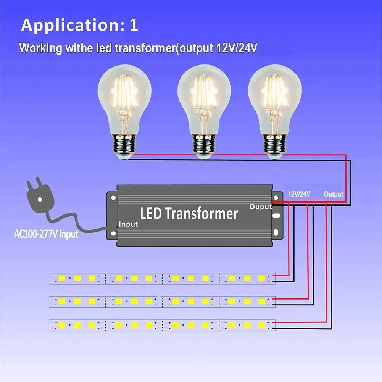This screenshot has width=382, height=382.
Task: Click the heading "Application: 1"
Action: (79, 25)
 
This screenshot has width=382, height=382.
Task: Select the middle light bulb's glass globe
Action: (204, 95)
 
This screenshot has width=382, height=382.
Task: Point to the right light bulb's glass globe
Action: (275, 95)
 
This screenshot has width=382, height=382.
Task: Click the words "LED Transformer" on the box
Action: (189, 213)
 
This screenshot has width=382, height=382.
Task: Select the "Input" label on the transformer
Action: (128, 224)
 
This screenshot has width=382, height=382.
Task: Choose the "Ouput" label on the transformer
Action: (261, 207)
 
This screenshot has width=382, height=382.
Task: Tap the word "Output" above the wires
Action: (334, 194)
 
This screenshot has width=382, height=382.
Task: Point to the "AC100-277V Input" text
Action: (46, 234)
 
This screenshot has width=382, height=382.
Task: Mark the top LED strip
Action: (162, 278)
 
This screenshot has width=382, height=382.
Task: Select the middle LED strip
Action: (162, 301)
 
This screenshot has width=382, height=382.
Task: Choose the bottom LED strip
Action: (162, 325)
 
